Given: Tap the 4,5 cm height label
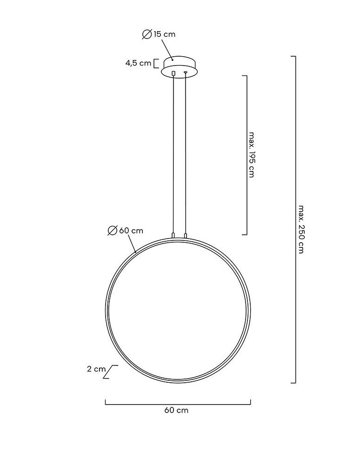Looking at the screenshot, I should click(x=138, y=63).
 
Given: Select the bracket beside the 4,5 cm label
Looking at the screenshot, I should click(x=156, y=63).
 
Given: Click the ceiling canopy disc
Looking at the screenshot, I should click(x=179, y=68).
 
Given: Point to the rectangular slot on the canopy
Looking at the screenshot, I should click(x=173, y=73).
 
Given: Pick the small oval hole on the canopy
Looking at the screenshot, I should click(x=185, y=73).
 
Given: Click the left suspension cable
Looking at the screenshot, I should click(x=173, y=153).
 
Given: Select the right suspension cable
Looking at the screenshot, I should click(x=185, y=153).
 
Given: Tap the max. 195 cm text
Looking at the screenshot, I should click(x=252, y=154).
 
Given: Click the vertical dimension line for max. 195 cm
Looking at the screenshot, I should click(x=246, y=154).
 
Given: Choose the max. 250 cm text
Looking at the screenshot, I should click(x=301, y=229).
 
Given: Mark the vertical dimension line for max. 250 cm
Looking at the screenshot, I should click(x=295, y=219).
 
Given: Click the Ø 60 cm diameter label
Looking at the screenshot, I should click(x=125, y=231).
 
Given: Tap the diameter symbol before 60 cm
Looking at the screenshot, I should click(x=112, y=231).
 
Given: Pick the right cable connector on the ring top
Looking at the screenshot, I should click(x=185, y=236).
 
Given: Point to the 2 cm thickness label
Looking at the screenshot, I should click(x=96, y=369).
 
